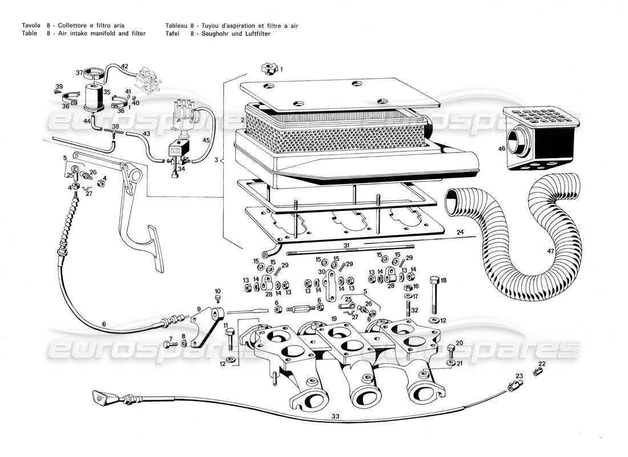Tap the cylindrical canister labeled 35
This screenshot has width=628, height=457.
tap(94, 97)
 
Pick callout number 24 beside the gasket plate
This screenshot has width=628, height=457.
tap(459, 232)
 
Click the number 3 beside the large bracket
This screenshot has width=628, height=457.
tap(216, 161)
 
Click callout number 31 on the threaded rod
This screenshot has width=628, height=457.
tap(346, 245)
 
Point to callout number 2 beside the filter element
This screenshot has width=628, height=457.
tap(243, 120)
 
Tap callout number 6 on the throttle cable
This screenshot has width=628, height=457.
tap(104, 324)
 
